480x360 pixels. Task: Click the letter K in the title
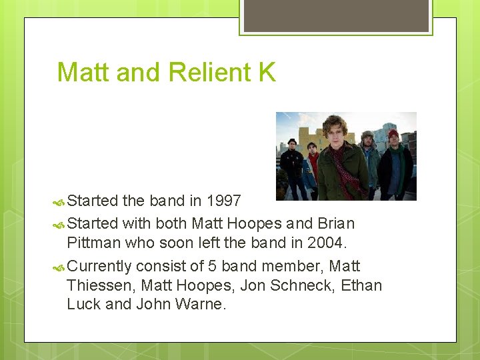[267, 72]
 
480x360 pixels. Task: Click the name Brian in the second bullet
[336, 223]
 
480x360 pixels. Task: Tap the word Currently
[99, 266]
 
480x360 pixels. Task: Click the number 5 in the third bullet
[212, 266]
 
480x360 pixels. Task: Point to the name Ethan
[361, 285]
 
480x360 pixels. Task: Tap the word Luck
[84, 305]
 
